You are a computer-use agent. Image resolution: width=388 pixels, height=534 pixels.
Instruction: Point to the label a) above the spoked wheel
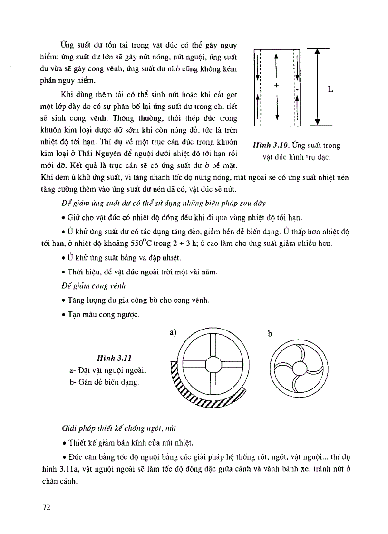[173, 333]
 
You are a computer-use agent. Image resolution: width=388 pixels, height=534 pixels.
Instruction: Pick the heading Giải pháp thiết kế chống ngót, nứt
[117, 429]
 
